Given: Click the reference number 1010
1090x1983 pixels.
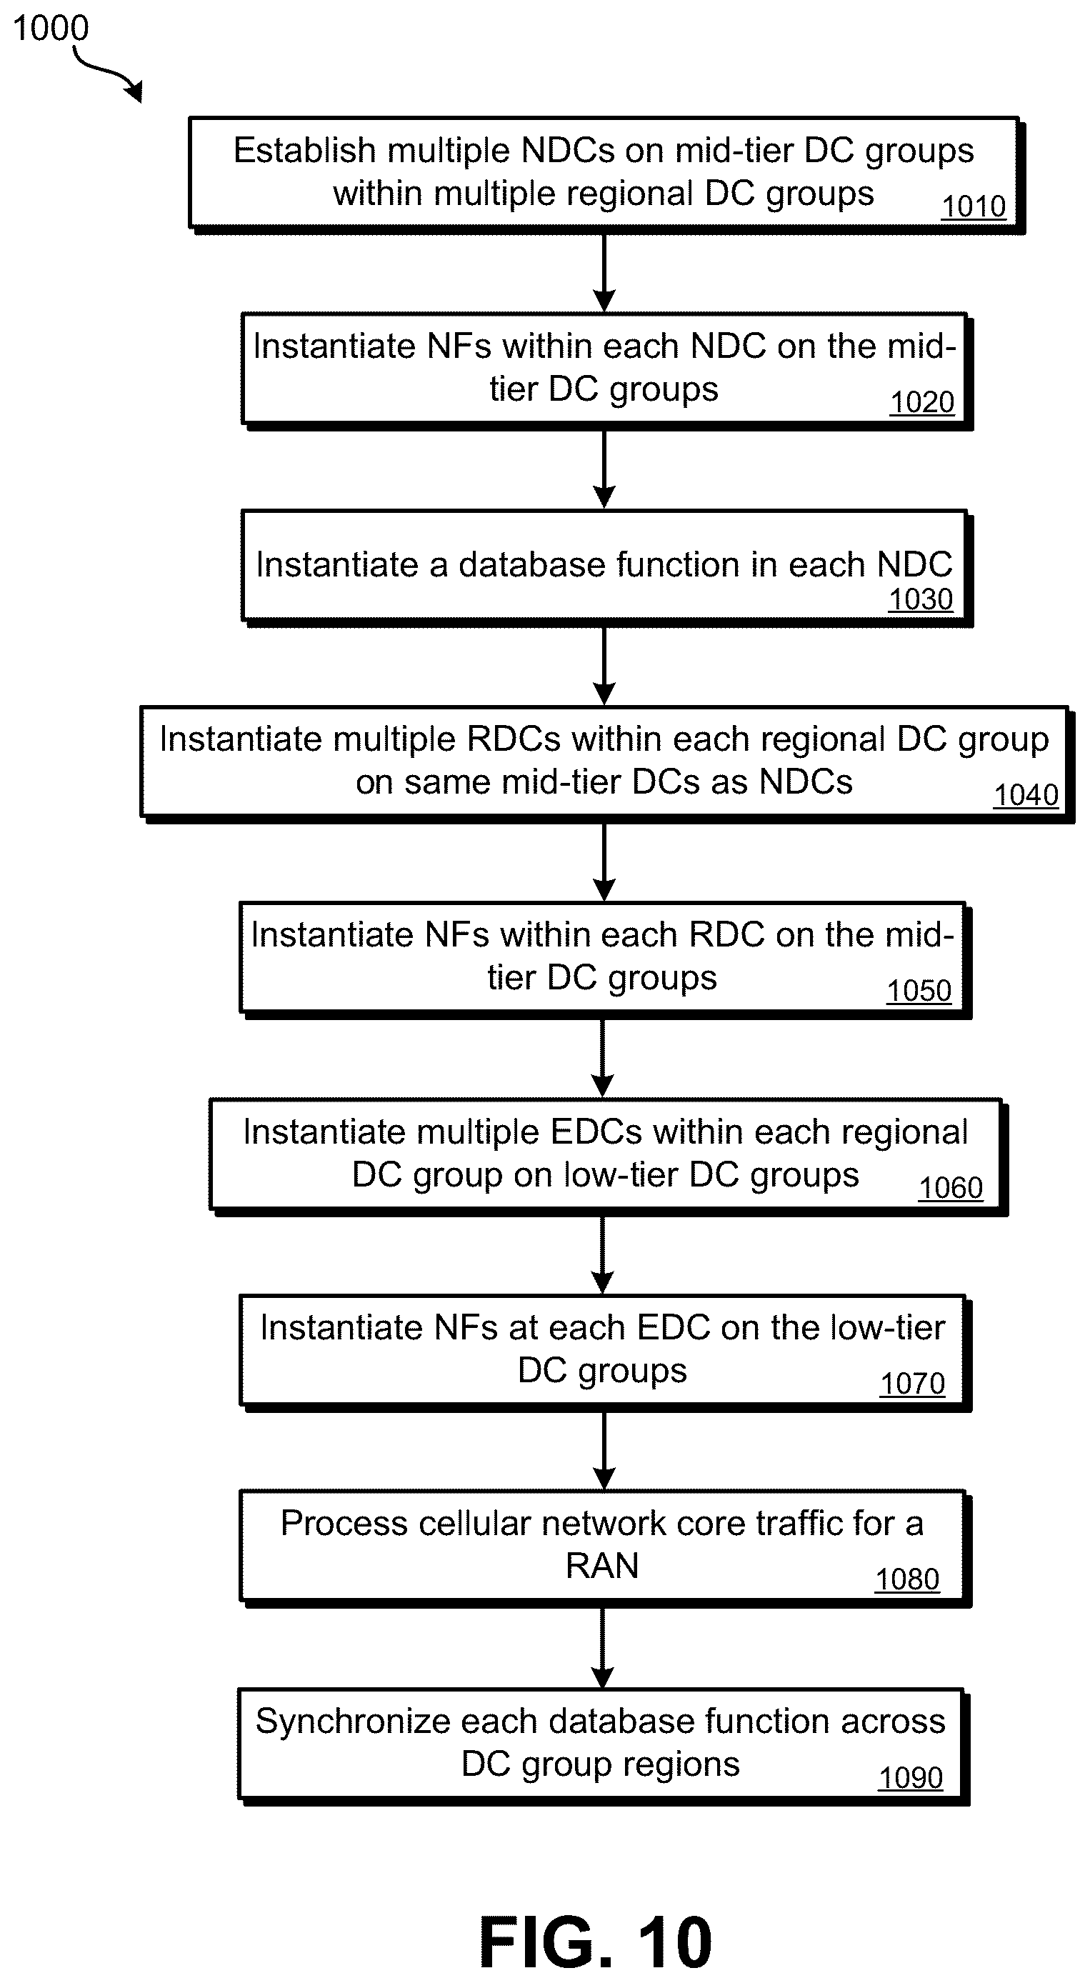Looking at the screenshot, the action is pyautogui.click(x=974, y=206).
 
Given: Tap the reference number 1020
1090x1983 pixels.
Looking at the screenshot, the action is pyautogui.click(x=922, y=402).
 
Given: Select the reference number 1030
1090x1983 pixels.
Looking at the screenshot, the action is pyautogui.click(x=921, y=599).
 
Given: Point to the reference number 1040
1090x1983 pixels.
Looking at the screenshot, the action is pyautogui.click(x=1026, y=795).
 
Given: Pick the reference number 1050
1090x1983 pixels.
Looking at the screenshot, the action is pyautogui.click(x=919, y=991).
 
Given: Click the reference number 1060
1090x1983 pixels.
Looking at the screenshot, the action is pyautogui.click(x=951, y=1188).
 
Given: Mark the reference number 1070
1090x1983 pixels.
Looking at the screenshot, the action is pyautogui.click(x=912, y=1384).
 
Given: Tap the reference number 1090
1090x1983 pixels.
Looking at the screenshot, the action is pyautogui.click(x=911, y=1777).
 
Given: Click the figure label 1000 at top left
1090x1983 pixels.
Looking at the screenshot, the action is pyautogui.click(x=51, y=29).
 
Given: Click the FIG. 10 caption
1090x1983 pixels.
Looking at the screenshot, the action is pyautogui.click(x=596, y=1942).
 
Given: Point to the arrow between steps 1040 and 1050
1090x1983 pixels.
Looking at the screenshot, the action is pyautogui.click(x=604, y=861).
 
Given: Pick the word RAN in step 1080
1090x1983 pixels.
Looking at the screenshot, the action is pyautogui.click(x=602, y=1566).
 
